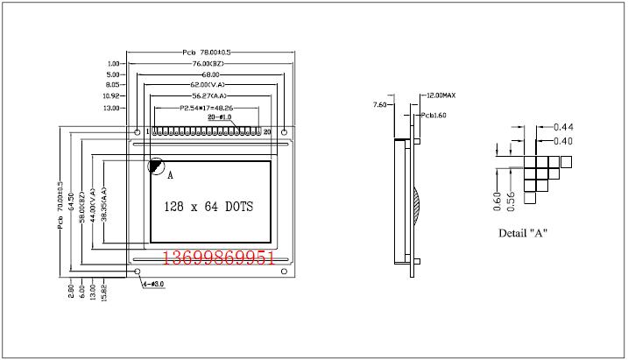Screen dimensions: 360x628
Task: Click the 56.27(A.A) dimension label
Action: [208, 95]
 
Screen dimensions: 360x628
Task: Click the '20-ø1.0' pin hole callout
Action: [219, 116]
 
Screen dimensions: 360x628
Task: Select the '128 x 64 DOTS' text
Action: [208, 208]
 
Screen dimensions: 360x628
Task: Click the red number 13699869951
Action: [220, 258]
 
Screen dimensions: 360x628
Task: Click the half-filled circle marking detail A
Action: [156, 165]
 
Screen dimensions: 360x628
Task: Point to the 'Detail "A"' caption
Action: [523, 234]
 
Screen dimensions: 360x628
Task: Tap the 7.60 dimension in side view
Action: [379, 105]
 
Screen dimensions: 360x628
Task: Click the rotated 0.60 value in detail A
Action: [496, 201]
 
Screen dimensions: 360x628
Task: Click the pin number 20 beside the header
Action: [268, 131]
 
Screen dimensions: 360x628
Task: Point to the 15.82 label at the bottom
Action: [105, 293]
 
